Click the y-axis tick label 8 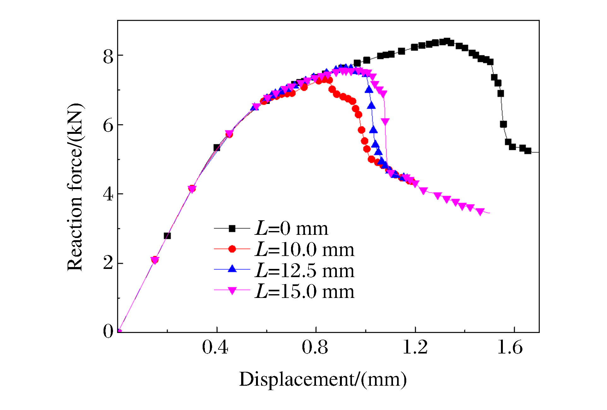click(108, 57)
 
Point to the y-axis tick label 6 click(108, 126)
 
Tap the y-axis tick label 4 click(108, 194)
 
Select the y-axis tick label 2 click(108, 263)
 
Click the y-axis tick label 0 click(108, 331)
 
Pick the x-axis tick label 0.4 click(215, 348)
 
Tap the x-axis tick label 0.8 click(315, 348)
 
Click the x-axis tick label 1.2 click(415, 348)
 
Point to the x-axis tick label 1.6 click(510, 348)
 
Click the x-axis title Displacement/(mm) click(323, 379)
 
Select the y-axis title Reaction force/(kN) click(75, 187)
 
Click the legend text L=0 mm click(291, 229)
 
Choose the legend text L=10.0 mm click(305, 250)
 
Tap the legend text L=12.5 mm click(305, 270)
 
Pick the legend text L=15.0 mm click(305, 291)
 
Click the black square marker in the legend click(232, 228)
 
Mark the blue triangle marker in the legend click(232, 269)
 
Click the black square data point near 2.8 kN click(167, 236)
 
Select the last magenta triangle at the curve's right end click(480, 212)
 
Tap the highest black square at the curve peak click(447, 41)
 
